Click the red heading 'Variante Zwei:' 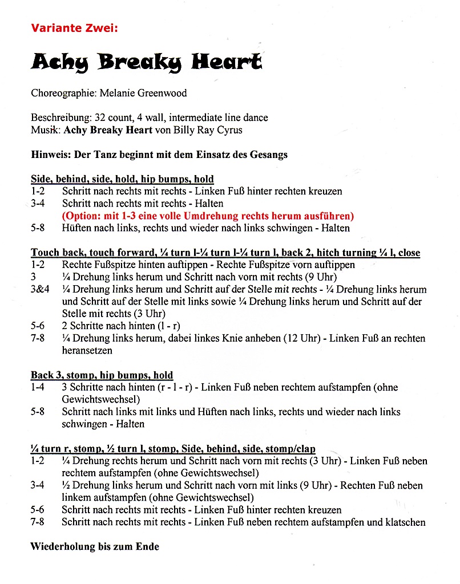point(74,27)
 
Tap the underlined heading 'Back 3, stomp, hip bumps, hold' point(102,375)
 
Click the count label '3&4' point(40,289)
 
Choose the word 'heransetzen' point(87,351)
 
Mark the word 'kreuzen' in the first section point(325,192)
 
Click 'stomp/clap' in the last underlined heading point(290,449)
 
